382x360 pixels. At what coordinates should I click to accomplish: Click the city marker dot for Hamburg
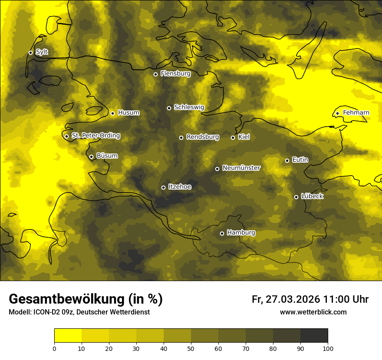click(222, 233)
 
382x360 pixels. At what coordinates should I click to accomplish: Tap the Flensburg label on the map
click(175, 74)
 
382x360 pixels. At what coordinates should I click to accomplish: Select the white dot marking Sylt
click(30, 52)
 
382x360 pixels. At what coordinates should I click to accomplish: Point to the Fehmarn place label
click(356, 113)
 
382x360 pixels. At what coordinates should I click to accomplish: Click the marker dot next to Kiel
click(233, 137)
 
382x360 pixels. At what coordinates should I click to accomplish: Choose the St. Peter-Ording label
click(95, 136)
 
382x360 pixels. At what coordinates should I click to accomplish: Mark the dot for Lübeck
click(296, 197)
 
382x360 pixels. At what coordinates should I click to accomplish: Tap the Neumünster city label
click(241, 168)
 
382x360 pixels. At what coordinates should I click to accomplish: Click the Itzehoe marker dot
click(163, 187)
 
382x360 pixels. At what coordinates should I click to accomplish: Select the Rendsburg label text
click(203, 137)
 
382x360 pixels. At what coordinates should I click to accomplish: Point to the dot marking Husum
click(112, 113)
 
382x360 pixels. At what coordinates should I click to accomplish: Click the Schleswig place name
click(189, 107)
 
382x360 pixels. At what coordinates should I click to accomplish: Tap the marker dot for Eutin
click(287, 160)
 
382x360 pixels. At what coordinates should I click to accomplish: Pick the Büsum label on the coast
click(107, 156)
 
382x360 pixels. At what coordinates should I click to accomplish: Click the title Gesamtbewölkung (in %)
click(86, 299)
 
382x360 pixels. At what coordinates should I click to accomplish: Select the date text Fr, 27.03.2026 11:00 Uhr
click(310, 299)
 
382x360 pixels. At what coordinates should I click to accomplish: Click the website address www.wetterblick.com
click(313, 312)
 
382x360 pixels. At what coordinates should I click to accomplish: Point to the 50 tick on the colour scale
click(191, 348)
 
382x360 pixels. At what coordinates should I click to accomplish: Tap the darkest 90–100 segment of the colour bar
click(314, 336)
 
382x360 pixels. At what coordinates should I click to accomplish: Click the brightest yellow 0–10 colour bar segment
click(68, 336)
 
